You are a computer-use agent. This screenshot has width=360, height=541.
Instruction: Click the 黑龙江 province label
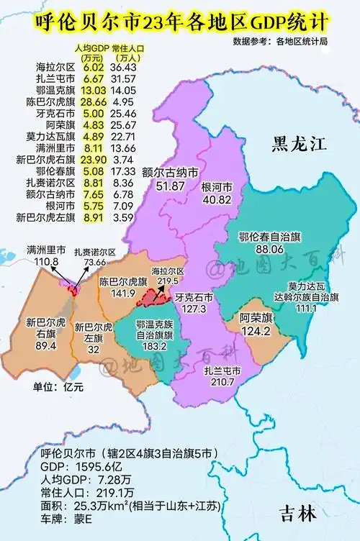(x=299, y=144)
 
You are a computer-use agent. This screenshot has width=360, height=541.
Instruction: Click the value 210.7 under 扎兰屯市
(x=221, y=381)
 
